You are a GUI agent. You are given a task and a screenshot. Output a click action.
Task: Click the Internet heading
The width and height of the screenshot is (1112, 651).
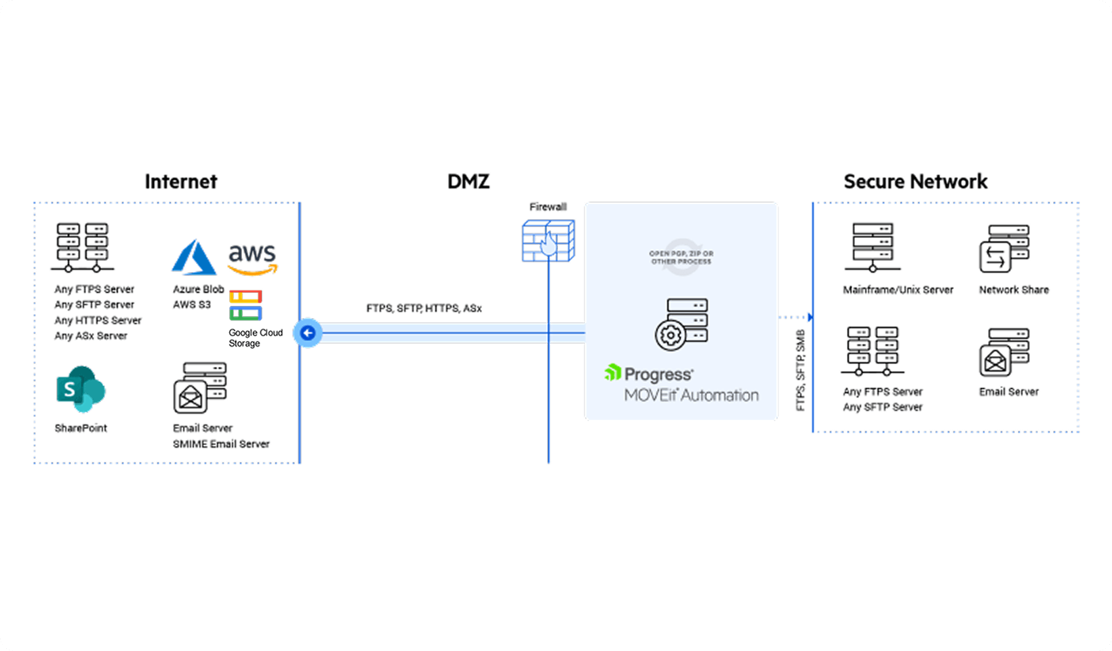[181, 182]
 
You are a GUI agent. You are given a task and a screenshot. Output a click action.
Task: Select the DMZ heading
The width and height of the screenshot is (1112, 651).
[469, 182]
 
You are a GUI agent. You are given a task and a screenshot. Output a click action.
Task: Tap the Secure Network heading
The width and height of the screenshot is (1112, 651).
[915, 182]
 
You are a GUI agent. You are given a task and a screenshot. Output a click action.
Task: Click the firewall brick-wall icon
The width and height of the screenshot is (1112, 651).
[548, 241]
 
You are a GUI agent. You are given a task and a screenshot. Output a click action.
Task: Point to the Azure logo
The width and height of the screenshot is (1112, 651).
[194, 257]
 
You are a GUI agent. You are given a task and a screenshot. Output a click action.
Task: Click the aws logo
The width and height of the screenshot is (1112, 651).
[252, 258]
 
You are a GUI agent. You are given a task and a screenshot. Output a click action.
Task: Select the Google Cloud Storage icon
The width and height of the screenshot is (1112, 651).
[245, 305]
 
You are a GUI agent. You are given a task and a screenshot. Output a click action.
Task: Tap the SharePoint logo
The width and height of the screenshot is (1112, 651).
[81, 389]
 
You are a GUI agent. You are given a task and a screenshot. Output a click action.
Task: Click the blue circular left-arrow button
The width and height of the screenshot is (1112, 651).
[308, 333]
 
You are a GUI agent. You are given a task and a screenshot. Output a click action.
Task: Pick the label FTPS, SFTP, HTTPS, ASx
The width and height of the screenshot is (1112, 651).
[424, 309]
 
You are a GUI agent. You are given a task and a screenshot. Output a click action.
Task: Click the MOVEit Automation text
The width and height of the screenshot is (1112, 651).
[691, 395]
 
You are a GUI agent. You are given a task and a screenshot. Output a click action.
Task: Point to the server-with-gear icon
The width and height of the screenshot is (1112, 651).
[681, 324]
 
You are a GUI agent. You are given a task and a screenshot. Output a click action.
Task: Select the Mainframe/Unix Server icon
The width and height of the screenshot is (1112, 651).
[873, 248]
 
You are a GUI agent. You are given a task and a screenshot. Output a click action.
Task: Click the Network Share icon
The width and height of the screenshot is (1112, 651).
[1004, 248]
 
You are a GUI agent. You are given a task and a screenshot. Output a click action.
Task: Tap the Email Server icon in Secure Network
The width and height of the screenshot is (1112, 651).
[1004, 352]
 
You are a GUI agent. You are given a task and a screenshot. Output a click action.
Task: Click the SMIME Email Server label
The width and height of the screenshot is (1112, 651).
[221, 444]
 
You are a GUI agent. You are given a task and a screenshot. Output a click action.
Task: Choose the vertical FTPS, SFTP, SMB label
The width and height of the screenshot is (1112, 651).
[801, 370]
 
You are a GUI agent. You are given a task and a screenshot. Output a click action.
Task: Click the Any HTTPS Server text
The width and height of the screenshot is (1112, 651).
[98, 321]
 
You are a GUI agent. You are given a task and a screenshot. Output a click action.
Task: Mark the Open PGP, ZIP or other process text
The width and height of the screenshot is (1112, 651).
[681, 258]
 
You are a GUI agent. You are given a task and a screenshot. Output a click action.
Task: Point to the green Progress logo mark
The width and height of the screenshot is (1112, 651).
[613, 372]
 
